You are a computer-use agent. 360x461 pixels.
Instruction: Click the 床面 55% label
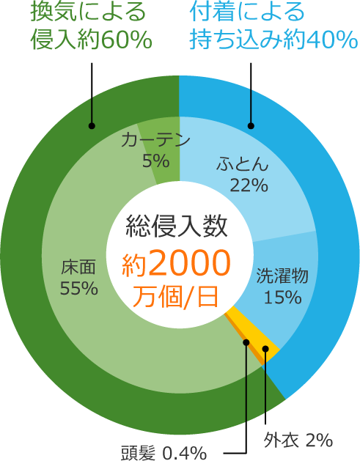tap(79, 278)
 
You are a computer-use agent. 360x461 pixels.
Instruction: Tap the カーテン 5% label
tap(155, 150)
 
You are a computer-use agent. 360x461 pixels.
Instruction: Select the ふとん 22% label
tap(243, 174)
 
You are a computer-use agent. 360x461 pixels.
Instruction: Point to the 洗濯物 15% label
tap(282, 286)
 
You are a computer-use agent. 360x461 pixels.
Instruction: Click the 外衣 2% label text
tap(298, 440)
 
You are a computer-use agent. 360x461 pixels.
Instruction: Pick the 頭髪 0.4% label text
tap(164, 452)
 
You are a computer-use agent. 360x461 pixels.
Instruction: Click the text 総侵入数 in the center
tap(177, 226)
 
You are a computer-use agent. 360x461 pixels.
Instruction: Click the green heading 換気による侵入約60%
tap(91, 26)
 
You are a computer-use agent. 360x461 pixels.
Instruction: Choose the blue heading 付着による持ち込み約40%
tap(273, 26)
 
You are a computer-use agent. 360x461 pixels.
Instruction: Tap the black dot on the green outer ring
tap(92, 126)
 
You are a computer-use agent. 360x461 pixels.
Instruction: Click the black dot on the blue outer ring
tap(251, 126)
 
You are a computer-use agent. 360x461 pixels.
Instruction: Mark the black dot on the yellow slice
tap(265, 349)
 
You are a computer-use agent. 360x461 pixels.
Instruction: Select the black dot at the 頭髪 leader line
tap(246, 342)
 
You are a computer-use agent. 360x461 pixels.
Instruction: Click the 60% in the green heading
tap(127, 40)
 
